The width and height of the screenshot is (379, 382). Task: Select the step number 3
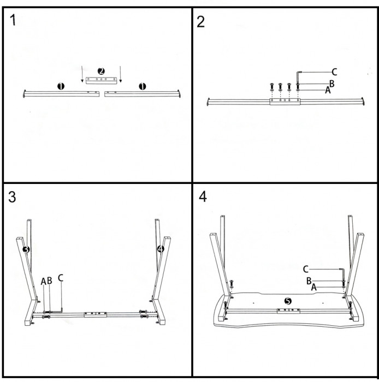click(14, 197)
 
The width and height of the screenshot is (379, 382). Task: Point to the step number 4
click(203, 197)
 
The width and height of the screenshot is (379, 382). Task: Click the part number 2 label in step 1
click(101, 71)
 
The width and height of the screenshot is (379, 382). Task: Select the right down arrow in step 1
click(121, 74)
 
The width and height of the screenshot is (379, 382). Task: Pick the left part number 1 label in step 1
click(61, 86)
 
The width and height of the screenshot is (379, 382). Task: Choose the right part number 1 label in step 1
click(143, 86)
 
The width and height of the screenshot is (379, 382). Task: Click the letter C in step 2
click(334, 71)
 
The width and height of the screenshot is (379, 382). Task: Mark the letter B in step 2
click(331, 83)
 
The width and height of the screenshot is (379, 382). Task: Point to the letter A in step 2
click(328, 90)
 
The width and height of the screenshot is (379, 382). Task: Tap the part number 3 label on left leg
click(25, 249)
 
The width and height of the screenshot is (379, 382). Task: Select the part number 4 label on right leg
click(160, 249)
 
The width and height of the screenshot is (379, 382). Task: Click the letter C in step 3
click(61, 278)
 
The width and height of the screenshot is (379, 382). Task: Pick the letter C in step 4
click(306, 268)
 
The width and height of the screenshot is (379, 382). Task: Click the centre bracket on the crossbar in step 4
click(288, 311)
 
